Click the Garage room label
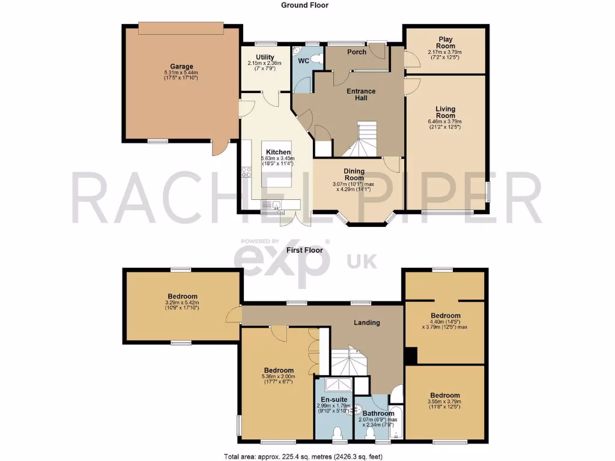181,67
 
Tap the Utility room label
265,56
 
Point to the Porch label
357,52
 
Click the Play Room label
445,42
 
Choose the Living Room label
445,112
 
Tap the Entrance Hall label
361,95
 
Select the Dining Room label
354,175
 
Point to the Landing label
366,322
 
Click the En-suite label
333,399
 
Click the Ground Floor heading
305,5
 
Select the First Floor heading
305,250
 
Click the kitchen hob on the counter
246,172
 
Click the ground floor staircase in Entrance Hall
363,139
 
